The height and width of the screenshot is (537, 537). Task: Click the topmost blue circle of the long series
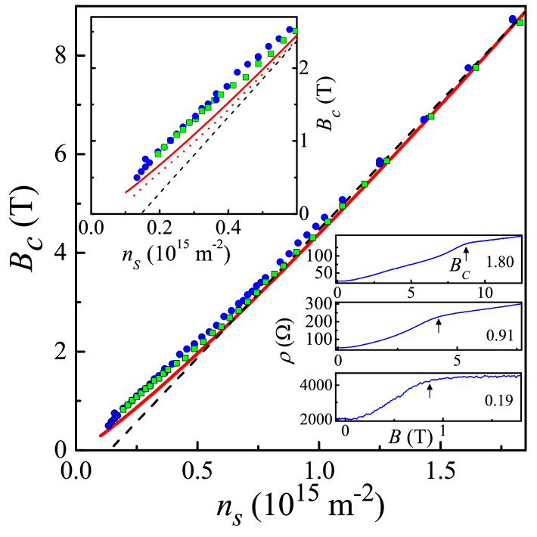pos(512,18)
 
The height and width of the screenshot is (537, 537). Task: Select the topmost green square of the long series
pos(520,23)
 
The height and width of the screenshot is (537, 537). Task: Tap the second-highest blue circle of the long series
pos(468,68)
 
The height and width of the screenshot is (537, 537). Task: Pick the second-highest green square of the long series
pos(475,68)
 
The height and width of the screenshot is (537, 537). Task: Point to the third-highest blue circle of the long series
pos(424,119)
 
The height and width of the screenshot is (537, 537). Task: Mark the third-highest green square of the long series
pos(431,116)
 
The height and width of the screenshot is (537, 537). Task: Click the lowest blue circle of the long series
pos(108,425)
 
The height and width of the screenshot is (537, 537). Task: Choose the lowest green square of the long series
pos(123,409)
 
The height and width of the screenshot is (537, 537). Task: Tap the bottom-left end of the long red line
pos(100,436)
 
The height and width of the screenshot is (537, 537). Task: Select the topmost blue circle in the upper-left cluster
pos(289,29)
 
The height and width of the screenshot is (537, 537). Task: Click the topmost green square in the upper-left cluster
pos(294,31)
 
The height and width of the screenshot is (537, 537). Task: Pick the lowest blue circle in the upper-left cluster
pos(137,178)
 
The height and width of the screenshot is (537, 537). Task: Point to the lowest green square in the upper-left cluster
pos(158,154)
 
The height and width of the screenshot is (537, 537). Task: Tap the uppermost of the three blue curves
pos(424,261)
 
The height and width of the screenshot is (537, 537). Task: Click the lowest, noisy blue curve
pos(424,382)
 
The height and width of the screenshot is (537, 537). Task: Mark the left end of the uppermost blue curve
pos(337,281)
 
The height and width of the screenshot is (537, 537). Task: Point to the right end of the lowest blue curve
pos(521,376)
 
